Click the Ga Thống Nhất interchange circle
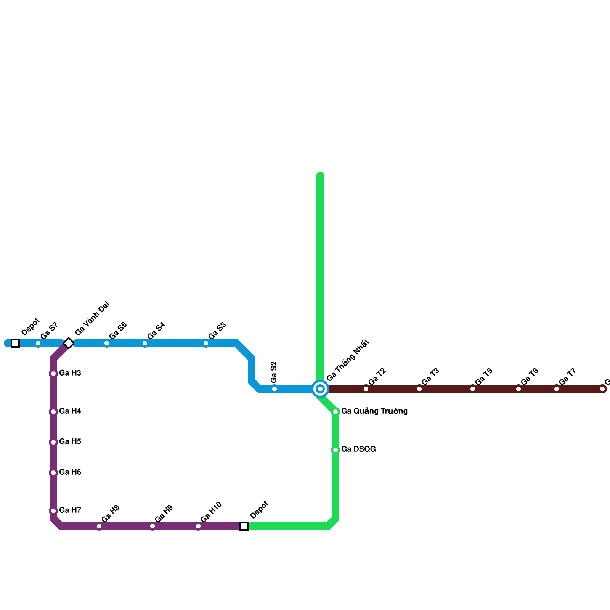[320, 389]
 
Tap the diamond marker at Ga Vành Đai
[69, 343]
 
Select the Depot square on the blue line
[15, 343]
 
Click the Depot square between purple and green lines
[244, 526]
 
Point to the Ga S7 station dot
[38, 343]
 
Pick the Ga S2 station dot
[274, 389]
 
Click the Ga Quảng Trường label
[374, 411]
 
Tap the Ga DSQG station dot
[335, 450]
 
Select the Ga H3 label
[70, 373]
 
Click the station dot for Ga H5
[53, 442]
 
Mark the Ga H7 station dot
[53, 511]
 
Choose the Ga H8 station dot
[99, 526]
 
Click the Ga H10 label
[211, 512]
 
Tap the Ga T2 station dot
[366, 389]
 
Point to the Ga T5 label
[484, 377]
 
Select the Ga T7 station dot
[557, 389]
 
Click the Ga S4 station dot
[145, 343]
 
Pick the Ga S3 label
[217, 331]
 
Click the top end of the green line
[320, 175]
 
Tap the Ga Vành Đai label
[92, 318]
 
